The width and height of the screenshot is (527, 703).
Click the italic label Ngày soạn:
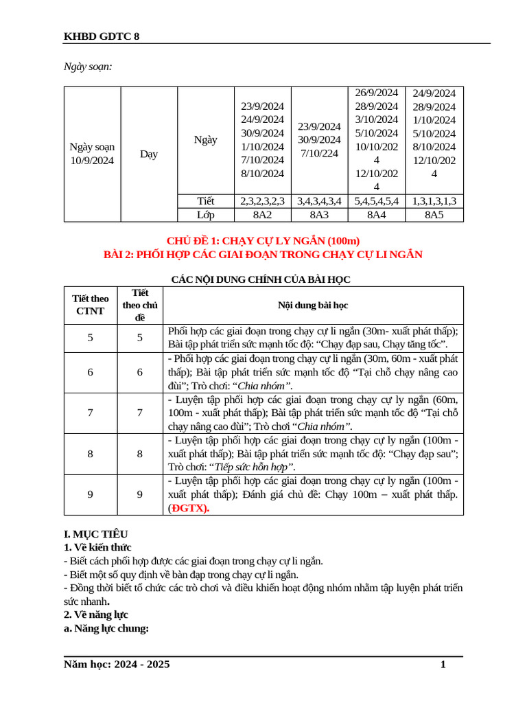point(88,67)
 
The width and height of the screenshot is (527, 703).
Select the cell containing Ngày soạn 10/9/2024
point(92,154)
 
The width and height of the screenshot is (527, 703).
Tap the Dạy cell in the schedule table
point(149,154)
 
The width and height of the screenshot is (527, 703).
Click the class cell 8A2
point(263,215)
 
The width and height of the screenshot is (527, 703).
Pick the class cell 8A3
point(319,215)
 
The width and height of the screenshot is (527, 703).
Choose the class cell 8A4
point(376,215)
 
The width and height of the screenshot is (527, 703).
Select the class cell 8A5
point(434,215)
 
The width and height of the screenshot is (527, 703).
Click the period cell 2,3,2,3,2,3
point(263,201)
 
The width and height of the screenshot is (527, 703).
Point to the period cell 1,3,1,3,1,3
point(434,201)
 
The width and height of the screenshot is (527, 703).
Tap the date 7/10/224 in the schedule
point(319,153)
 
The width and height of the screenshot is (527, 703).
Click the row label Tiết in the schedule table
point(205,201)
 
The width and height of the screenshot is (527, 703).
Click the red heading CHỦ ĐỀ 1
point(263,240)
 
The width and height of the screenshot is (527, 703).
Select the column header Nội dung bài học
point(313,305)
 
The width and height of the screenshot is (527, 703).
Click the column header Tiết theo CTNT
point(91,305)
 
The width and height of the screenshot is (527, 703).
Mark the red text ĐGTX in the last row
point(190,509)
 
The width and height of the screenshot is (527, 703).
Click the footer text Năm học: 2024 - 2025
point(117,665)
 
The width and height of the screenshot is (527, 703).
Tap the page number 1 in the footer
point(443,665)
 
